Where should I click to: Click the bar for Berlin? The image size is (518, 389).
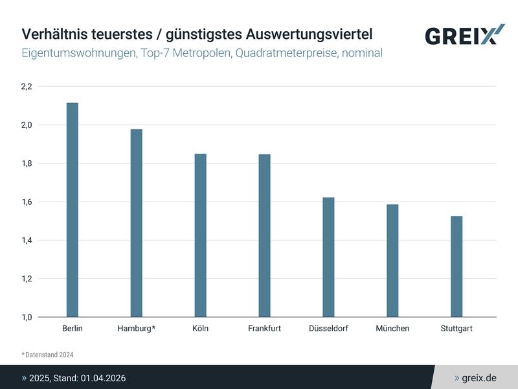click(x=73, y=210)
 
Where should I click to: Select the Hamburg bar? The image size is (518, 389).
click(x=137, y=223)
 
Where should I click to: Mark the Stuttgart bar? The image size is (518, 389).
click(x=456, y=266)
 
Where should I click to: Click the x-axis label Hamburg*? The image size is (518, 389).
click(x=137, y=329)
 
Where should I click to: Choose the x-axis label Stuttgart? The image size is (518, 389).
click(x=456, y=329)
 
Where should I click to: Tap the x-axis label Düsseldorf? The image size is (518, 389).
click(x=328, y=329)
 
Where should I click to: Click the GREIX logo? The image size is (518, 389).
click(x=464, y=35)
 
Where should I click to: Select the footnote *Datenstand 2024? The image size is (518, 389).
click(x=49, y=354)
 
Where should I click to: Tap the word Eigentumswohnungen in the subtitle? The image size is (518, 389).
click(x=78, y=53)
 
